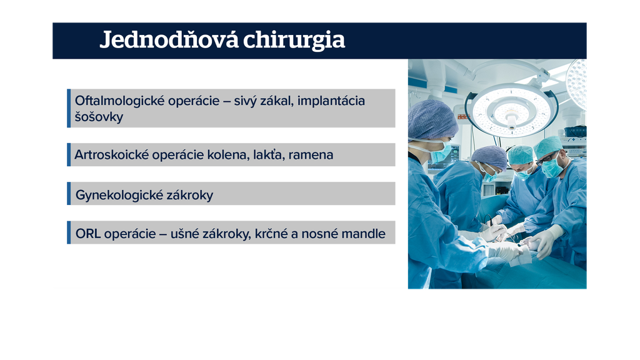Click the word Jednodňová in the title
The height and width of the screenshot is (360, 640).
(169, 40)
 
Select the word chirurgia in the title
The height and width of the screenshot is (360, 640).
(294, 40)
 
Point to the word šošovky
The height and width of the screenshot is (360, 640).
(99, 117)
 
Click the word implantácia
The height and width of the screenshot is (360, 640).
(331, 101)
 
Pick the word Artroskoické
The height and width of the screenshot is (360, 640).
(111, 155)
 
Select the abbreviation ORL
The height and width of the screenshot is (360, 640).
(87, 234)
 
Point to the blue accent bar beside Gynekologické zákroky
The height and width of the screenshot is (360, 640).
(69, 194)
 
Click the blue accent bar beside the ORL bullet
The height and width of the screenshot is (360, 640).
(69, 232)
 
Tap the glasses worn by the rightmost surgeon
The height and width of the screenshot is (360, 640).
(547, 158)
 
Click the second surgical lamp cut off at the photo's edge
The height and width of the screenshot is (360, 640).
(576, 84)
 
